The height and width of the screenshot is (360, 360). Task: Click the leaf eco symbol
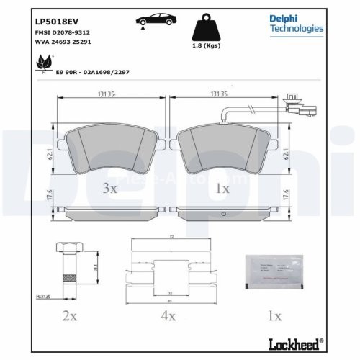click(41, 66)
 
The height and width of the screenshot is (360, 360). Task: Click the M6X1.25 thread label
click(45, 294)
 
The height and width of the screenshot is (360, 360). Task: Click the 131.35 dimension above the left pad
click(107, 94)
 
